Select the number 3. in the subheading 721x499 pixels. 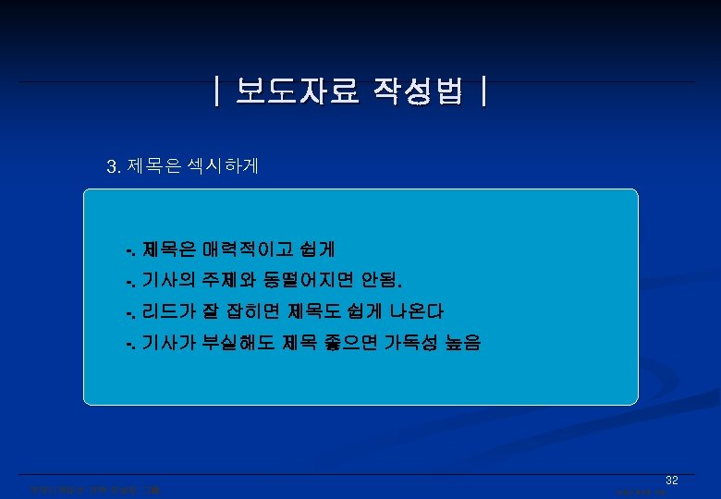tap(114, 167)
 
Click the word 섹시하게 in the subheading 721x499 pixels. tap(223, 167)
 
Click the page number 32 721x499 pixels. tap(672, 481)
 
